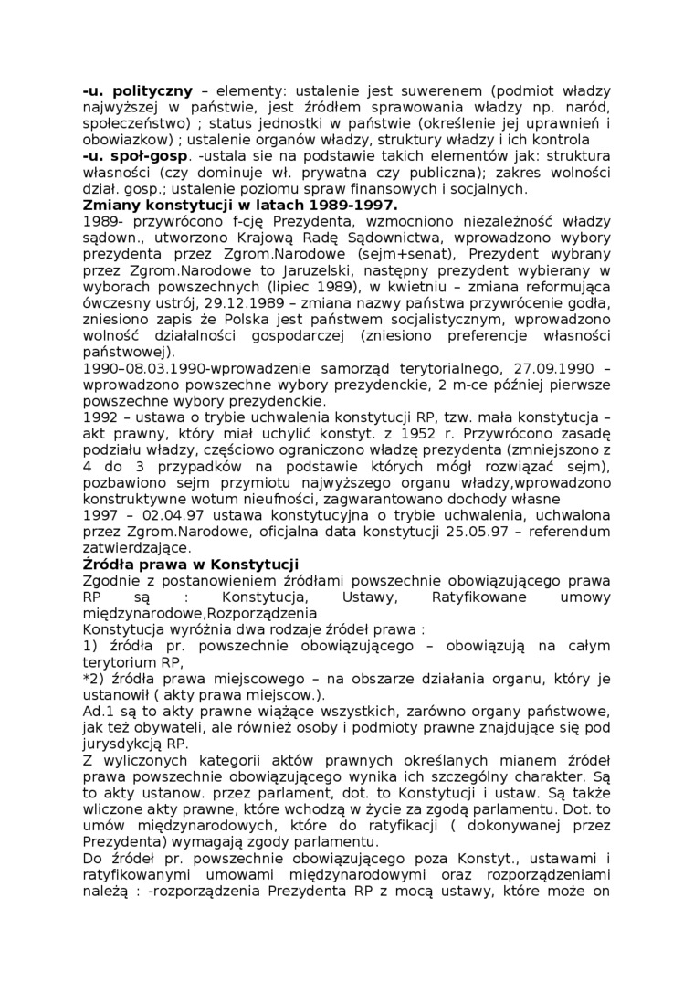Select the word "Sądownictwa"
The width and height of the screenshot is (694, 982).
(x=341, y=238)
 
